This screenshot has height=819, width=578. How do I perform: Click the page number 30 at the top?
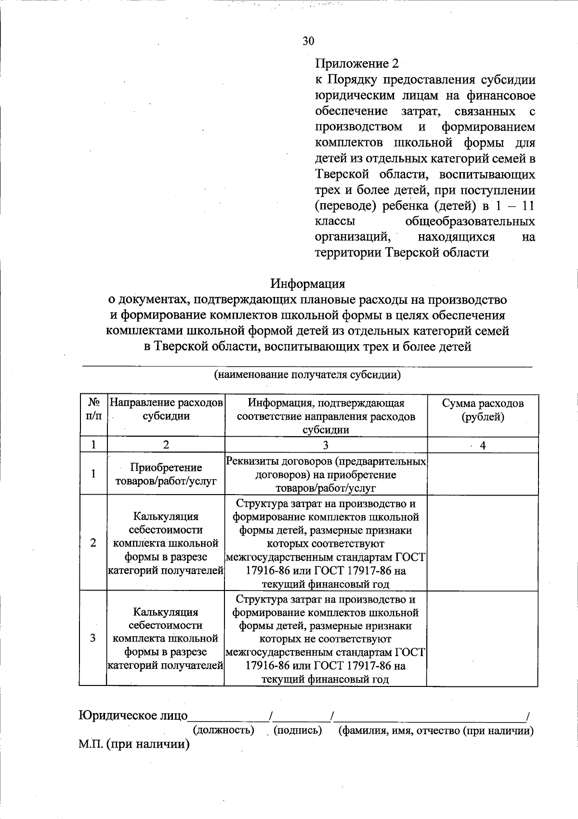coord(308,41)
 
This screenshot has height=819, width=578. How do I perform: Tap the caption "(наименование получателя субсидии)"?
coord(307,375)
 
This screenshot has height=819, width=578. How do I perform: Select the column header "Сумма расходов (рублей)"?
coord(483,410)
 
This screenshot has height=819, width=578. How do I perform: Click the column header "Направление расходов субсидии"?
coord(166,410)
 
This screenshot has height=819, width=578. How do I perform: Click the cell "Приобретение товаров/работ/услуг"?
coord(166,474)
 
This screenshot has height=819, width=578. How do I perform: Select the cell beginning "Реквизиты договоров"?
coord(326,474)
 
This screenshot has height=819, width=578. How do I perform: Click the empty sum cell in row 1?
coord(483,474)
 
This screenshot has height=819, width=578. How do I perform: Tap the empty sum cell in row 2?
coord(483,543)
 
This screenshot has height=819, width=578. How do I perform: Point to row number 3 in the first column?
coord(93,638)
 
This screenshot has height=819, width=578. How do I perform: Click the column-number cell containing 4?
coord(483,445)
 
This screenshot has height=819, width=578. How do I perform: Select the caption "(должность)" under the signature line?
coord(223,730)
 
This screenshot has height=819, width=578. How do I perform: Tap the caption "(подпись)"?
coord(297,730)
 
